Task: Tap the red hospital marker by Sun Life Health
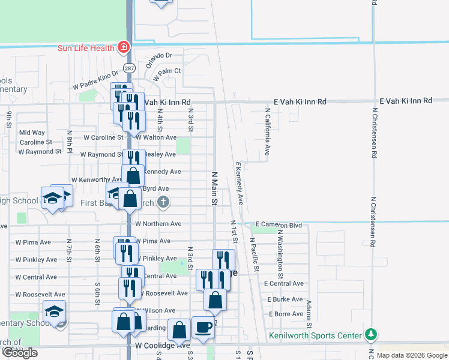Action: pyautogui.click(x=124, y=47)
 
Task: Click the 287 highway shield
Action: pyautogui.click(x=128, y=68)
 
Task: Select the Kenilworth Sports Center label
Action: pyautogui.click(x=315, y=335)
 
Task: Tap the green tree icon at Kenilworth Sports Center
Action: pyautogui.click(x=372, y=334)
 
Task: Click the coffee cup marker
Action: pyautogui.click(x=203, y=328)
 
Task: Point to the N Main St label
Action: pyautogui.click(x=214, y=188)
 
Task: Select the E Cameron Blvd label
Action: pyautogui.click(x=278, y=224)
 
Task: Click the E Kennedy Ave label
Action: pyautogui.click(x=239, y=183)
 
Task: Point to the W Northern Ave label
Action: pyautogui.click(x=158, y=224)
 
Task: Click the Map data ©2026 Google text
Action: pyautogui.click(x=412, y=355)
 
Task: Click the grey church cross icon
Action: pyautogui.click(x=163, y=202)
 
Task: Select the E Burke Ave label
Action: pyautogui.click(x=286, y=299)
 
